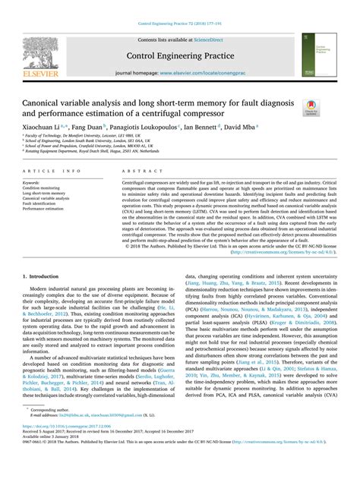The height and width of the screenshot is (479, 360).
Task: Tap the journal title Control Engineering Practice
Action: [x=181, y=55]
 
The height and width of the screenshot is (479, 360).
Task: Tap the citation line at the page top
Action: [x=180, y=24]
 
